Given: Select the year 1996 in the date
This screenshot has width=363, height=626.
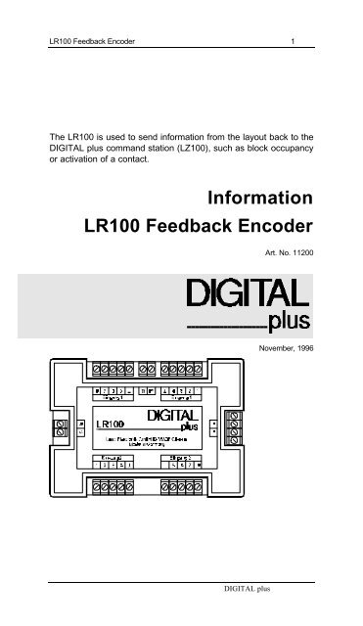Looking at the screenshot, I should [303, 347].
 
